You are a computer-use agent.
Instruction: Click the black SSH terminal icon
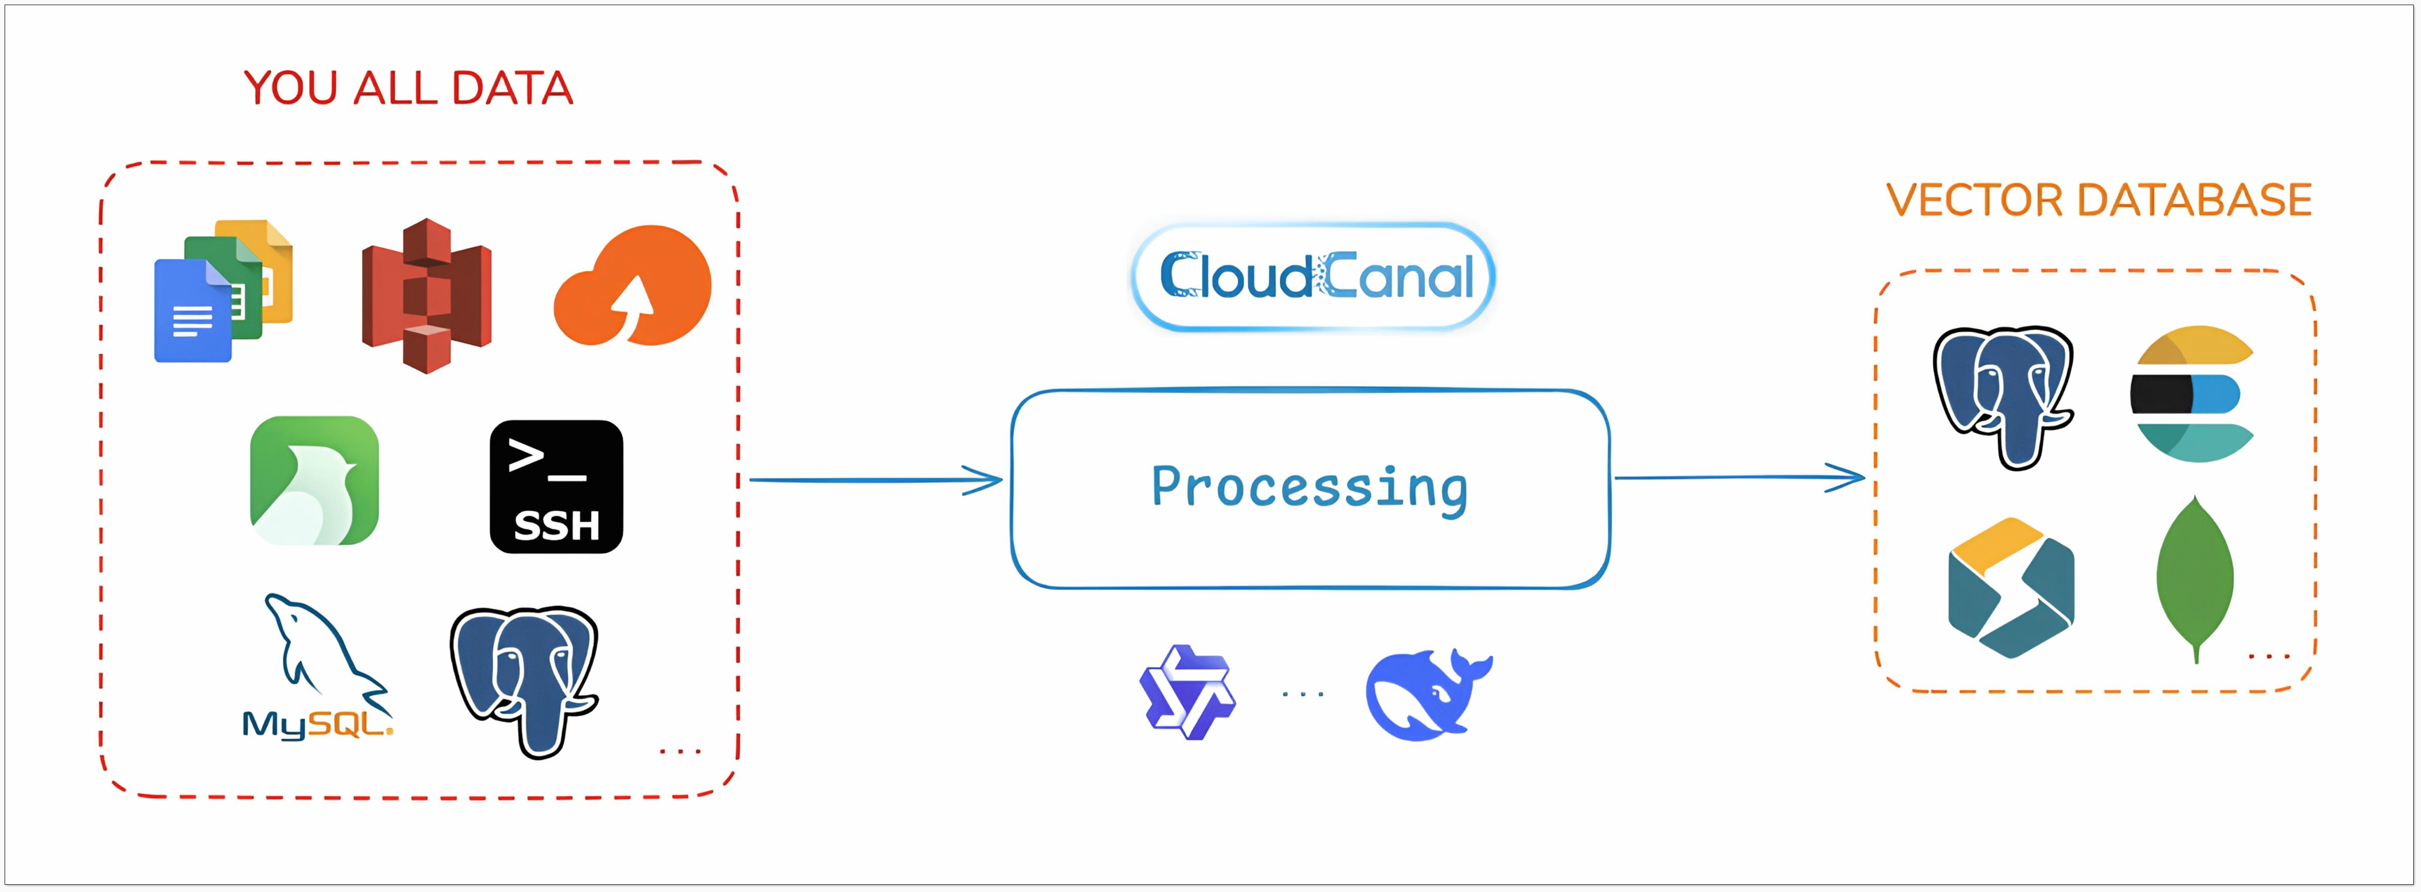556,486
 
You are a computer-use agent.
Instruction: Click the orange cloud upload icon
633,285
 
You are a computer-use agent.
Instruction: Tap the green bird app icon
314,480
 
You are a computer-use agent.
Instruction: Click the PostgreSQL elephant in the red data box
524,681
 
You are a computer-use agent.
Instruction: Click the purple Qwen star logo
1188,692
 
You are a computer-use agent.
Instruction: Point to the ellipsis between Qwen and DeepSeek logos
1304,695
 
